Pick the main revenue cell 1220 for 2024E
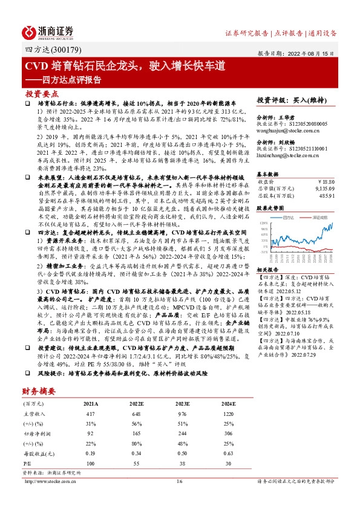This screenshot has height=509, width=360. point(227,413)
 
